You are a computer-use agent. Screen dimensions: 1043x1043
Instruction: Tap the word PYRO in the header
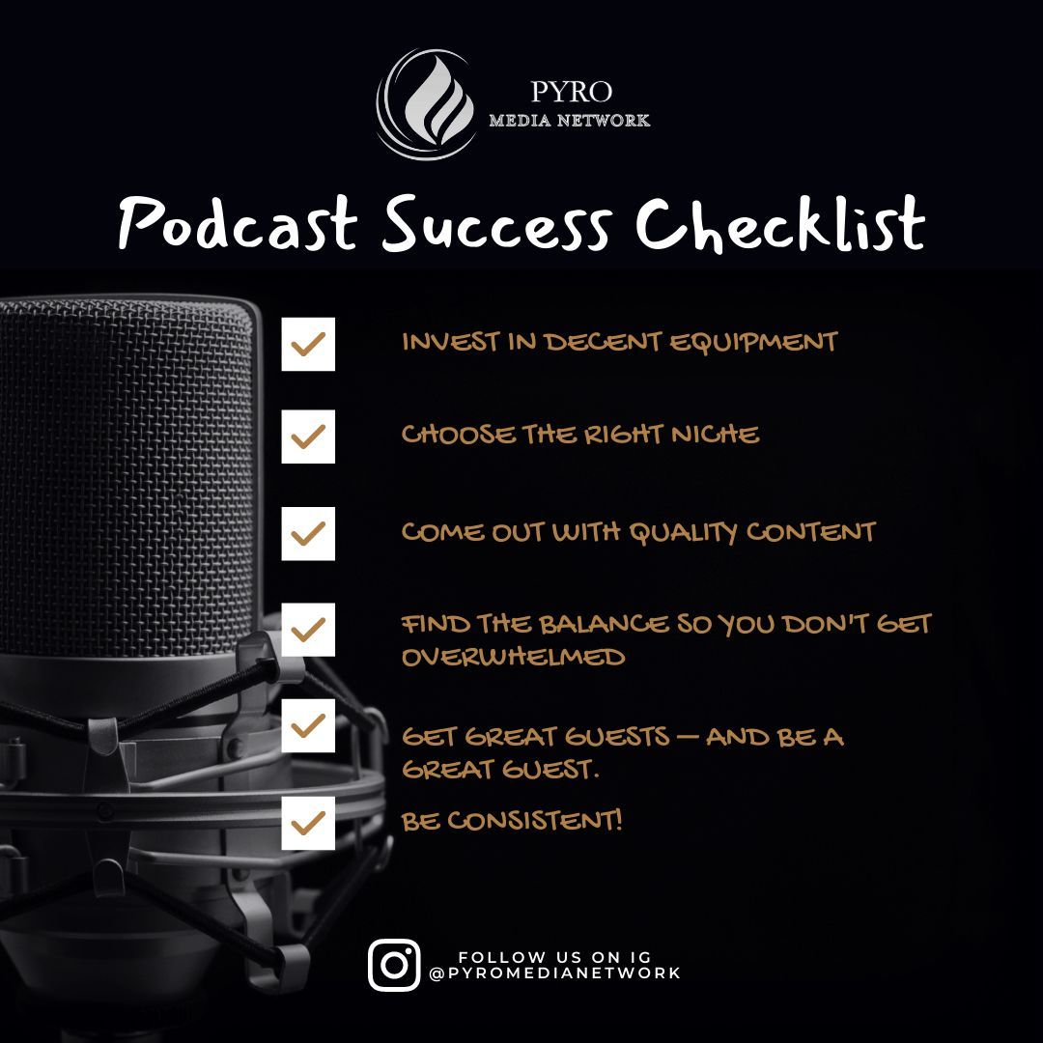[571, 93]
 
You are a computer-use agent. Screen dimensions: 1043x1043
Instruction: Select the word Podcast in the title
[237, 224]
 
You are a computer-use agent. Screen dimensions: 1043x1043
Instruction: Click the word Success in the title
[496, 224]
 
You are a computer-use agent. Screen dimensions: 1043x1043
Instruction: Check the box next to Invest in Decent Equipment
[308, 344]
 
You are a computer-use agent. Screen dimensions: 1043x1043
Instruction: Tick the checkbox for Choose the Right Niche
[308, 437]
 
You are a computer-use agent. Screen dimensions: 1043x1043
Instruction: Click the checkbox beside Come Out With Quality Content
[308, 533]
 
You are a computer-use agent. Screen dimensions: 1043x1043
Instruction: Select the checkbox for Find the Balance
[308, 630]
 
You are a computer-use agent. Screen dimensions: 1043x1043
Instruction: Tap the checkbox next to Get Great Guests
[308, 726]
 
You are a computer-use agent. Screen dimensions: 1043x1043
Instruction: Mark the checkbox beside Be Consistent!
[308, 823]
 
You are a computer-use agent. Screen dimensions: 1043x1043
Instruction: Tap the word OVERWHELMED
[513, 657]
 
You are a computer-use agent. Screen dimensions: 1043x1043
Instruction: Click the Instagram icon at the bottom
[394, 965]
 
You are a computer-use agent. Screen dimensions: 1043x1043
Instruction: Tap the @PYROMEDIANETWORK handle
[555, 973]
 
